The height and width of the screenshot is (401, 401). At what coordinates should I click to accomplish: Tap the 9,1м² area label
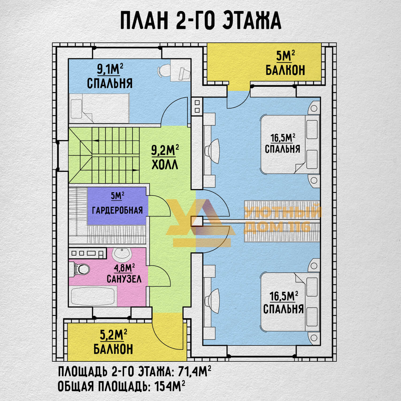(110, 69)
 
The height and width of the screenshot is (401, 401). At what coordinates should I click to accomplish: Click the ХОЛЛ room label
(165, 165)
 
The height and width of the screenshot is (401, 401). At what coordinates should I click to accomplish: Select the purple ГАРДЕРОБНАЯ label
(117, 210)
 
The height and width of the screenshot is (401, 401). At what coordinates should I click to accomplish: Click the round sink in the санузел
(122, 254)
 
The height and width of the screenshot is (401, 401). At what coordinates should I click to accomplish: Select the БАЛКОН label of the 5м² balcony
(285, 70)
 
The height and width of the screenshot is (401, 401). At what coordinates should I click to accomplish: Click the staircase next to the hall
(104, 155)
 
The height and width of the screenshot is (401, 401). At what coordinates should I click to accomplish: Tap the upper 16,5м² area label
(283, 138)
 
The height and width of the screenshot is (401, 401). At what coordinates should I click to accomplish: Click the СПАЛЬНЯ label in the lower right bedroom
(283, 309)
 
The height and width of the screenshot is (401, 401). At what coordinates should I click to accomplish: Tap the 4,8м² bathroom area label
(124, 268)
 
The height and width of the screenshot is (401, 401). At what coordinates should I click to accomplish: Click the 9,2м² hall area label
(165, 150)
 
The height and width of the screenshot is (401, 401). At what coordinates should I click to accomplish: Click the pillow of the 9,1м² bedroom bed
(76, 109)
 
